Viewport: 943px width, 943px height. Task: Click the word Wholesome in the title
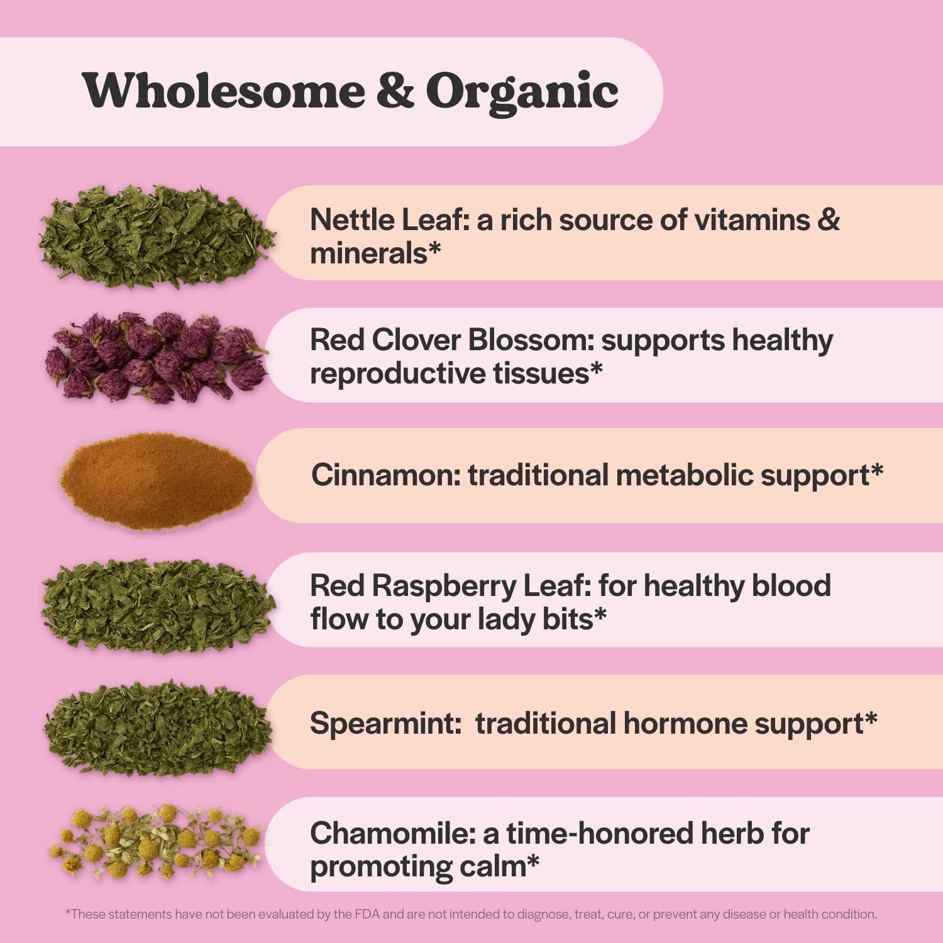(x=223, y=91)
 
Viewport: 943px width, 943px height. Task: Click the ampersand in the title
(x=395, y=91)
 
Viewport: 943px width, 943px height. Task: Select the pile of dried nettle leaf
(x=156, y=236)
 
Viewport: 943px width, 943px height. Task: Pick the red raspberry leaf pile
(x=157, y=605)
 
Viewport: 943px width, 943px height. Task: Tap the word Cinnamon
(x=385, y=475)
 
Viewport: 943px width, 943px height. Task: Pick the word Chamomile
(x=392, y=834)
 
